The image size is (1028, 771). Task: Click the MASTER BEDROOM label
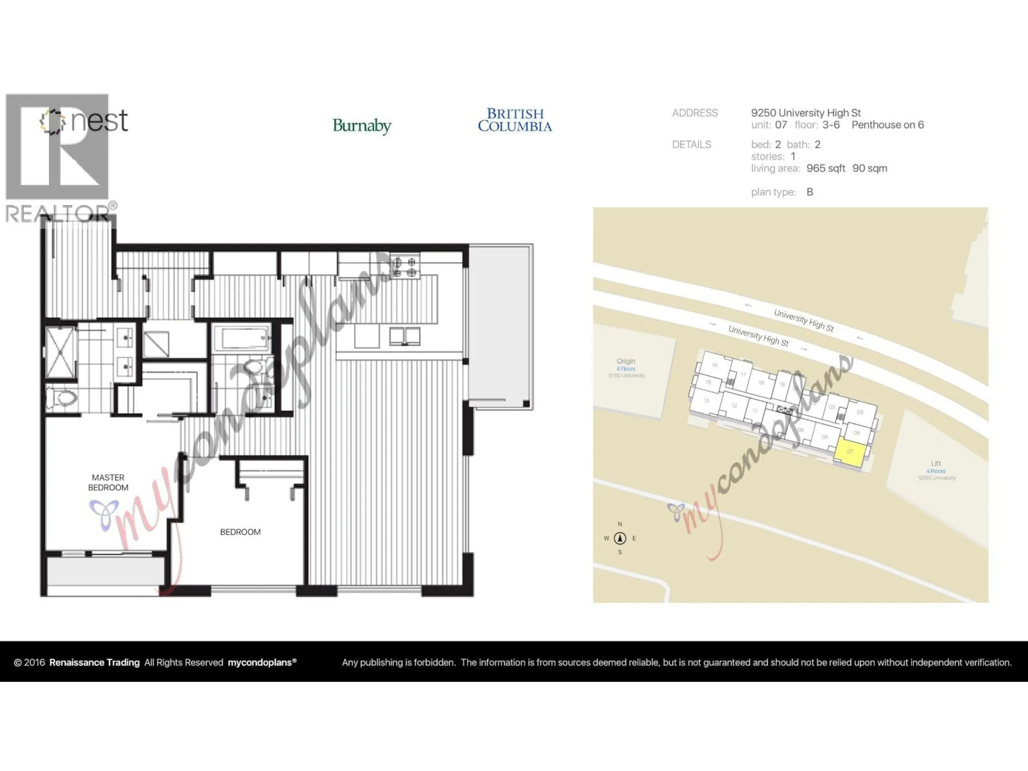coord(108,482)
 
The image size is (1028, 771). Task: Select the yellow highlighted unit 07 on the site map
coord(850,452)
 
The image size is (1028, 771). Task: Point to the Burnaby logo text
coord(362,126)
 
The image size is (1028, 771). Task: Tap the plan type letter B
coord(810,192)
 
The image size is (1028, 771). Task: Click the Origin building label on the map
coord(626,361)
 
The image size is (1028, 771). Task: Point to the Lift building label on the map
coord(936,463)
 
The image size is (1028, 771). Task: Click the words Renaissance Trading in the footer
coord(94,662)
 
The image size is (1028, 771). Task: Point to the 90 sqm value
coord(870,168)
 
